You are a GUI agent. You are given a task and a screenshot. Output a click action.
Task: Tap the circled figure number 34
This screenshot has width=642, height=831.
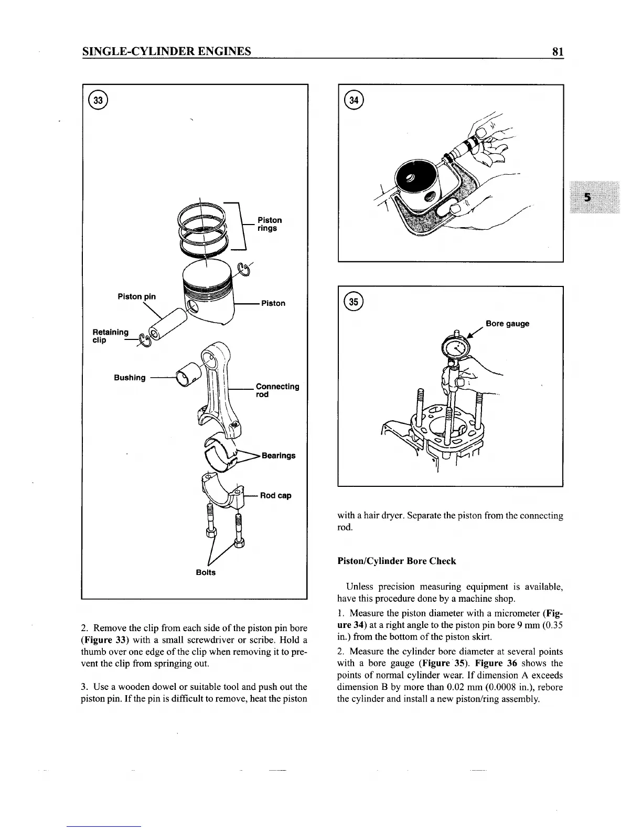coord(355,99)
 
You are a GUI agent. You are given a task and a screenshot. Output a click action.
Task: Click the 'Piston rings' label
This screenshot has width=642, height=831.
coord(269,224)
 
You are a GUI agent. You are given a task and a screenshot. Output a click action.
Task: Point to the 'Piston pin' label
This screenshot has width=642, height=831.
coord(136,296)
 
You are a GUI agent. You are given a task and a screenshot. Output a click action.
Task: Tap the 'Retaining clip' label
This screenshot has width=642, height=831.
coord(110,336)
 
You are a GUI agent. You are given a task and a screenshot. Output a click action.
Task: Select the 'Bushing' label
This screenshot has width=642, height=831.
coord(130,378)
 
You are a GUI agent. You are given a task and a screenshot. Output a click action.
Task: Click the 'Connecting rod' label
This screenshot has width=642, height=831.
coord(277,390)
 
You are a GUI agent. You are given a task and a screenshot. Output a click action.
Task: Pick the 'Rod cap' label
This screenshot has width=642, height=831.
coord(275,495)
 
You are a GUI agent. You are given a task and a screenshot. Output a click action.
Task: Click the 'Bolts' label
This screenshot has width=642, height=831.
coord(206,572)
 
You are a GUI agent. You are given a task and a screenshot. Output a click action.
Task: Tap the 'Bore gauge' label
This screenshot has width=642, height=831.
coord(507,324)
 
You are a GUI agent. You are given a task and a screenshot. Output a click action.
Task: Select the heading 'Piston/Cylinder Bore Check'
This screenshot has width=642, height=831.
coord(397,561)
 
